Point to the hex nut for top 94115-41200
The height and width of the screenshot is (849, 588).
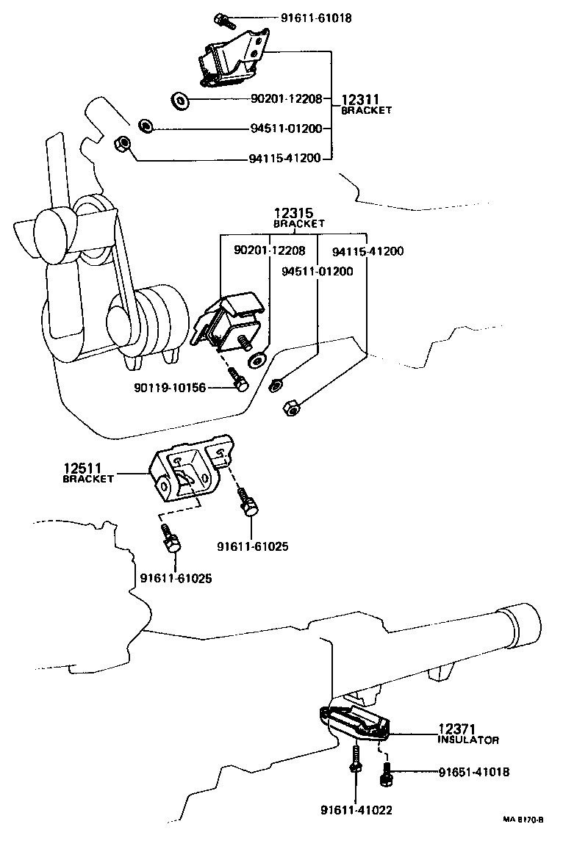tap(123, 144)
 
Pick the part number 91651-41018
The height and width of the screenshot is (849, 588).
tap(473, 772)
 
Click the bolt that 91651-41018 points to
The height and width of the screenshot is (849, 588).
tap(386, 773)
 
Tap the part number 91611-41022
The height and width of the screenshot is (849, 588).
tap(356, 810)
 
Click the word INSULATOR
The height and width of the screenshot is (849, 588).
tap(469, 740)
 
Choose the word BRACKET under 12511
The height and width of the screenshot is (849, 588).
tap(88, 479)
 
